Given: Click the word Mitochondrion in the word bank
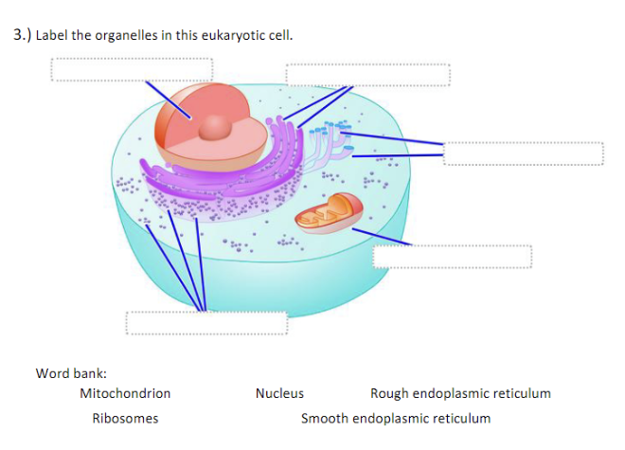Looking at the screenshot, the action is pos(125,393).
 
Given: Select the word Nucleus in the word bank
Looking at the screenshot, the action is pos(279,393).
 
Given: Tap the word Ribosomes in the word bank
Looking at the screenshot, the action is pos(125,418).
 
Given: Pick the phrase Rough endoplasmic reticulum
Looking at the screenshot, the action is pos(460,393).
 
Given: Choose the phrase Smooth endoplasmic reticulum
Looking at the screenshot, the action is pos(396,418).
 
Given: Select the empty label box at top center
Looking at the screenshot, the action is pos(366,75).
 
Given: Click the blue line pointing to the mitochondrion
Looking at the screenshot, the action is pos(388,237).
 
